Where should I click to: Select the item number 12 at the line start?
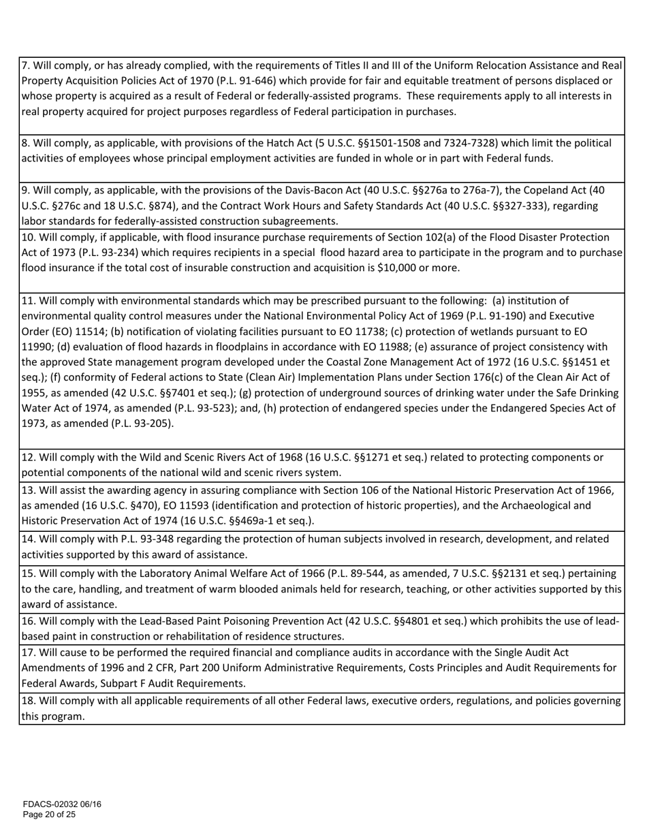[x=29, y=457]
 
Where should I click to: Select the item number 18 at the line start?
[x=29, y=700]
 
